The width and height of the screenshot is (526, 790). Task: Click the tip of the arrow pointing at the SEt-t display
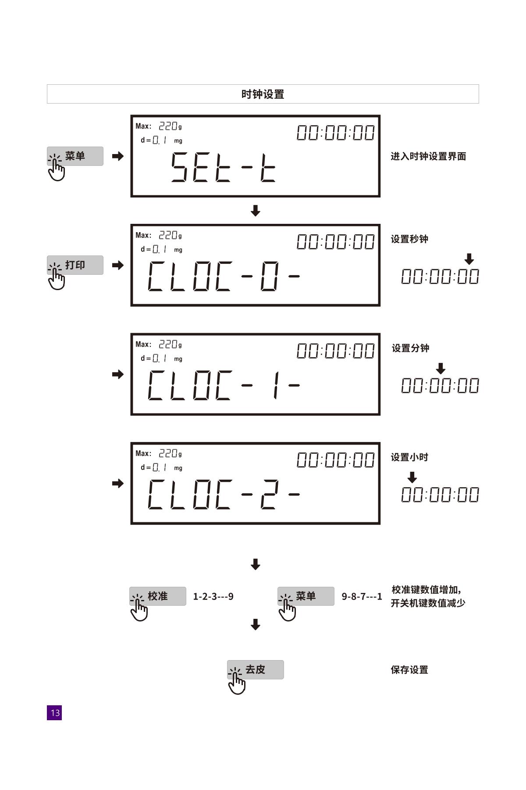click(x=124, y=156)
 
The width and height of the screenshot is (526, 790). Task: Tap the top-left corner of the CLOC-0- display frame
click(x=131, y=225)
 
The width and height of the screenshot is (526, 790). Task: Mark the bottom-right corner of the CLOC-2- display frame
click(x=380, y=524)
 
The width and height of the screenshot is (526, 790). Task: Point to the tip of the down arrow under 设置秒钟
click(x=469, y=265)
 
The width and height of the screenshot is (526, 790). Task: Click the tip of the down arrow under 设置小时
click(x=412, y=483)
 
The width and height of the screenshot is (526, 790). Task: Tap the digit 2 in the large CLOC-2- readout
click(x=269, y=494)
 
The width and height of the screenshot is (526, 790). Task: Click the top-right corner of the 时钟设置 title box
click(x=479, y=85)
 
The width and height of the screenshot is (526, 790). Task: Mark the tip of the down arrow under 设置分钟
click(x=441, y=374)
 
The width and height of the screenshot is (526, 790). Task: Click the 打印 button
click(x=75, y=265)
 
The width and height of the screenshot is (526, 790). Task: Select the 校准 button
click(x=157, y=596)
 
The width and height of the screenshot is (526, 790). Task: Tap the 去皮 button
click(x=255, y=670)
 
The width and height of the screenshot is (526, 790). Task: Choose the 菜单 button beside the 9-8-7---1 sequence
click(x=306, y=596)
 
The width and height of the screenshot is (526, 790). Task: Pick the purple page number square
click(x=54, y=713)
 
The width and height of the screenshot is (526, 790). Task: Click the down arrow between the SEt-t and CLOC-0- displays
click(x=256, y=211)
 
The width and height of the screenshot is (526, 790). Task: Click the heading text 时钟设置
click(x=263, y=94)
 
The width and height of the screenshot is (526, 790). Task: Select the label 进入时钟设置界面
click(x=428, y=156)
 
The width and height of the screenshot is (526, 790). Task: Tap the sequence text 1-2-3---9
click(x=213, y=596)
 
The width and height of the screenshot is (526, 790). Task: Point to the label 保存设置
click(x=409, y=670)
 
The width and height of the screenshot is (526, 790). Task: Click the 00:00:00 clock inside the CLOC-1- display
click(x=336, y=351)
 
